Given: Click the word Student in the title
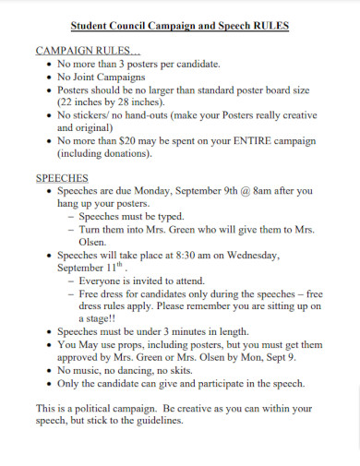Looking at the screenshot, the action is (x=94, y=26).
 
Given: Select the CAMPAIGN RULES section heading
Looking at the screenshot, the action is (x=88, y=51).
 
